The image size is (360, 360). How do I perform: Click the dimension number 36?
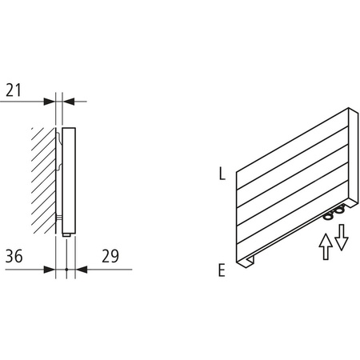tap(15, 256)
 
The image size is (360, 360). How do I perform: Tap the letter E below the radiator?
tap(220, 270)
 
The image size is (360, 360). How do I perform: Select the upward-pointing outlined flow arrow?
tap(325, 244)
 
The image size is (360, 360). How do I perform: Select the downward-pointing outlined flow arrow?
tap(342, 237)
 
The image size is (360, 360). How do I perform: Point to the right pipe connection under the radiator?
tap(342, 210)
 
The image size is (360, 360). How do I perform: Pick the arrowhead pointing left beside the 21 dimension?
tap(70, 100)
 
